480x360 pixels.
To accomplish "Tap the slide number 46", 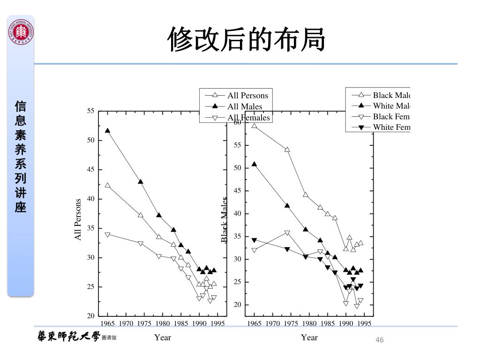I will point(380,340).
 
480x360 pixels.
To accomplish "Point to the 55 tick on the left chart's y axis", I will point(91,111).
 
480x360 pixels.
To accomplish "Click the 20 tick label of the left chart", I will point(91,316).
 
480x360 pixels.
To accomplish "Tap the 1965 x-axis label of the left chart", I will point(108,323).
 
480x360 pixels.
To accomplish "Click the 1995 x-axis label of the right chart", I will point(364,323).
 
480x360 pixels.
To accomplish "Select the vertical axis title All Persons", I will point(78,219).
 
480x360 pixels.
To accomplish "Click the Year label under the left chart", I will point(163,337).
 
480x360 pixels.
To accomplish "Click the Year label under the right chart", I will point(309,337).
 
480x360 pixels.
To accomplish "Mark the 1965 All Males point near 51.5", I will point(108,131).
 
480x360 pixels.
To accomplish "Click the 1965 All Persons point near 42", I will point(108,185).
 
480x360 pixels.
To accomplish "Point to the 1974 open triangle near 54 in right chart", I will point(287,150).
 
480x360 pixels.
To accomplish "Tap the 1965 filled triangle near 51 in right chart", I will point(254,164).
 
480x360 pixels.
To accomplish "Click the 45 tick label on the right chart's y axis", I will point(238,191).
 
